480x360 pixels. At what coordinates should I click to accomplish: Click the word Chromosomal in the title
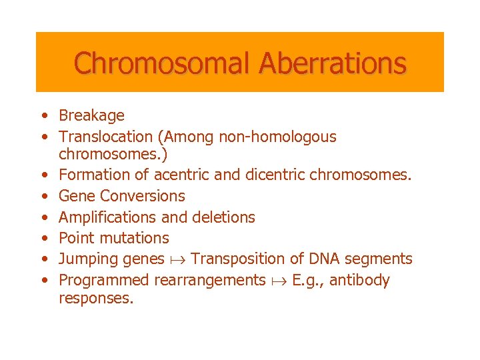pyautogui.click(x=162, y=63)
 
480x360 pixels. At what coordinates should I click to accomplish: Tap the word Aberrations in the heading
pyautogui.click(x=332, y=63)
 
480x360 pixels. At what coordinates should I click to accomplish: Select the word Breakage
pyautogui.click(x=91, y=116)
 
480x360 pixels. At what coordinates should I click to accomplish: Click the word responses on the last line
pyautogui.click(x=96, y=299)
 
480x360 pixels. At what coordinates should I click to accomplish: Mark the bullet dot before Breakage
pyautogui.click(x=43, y=116)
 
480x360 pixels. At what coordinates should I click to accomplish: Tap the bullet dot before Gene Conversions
pyautogui.click(x=43, y=196)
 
